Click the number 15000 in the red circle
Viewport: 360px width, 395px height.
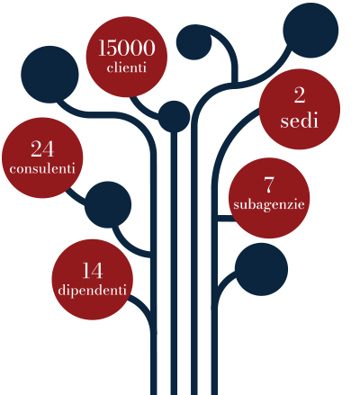pyautogui.click(x=127, y=48)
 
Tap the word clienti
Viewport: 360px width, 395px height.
pyautogui.click(x=127, y=67)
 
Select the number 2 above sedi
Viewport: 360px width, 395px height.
pyautogui.click(x=300, y=96)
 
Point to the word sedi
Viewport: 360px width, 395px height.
pyautogui.click(x=299, y=121)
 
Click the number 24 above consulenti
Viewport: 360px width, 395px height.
pyautogui.click(x=42, y=148)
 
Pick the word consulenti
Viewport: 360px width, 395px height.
pyautogui.click(x=42, y=168)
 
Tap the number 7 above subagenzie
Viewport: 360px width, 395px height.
pyautogui.click(x=269, y=184)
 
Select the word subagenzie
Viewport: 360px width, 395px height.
pyautogui.click(x=269, y=205)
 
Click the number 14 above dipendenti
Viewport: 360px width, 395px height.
pyautogui.click(x=93, y=271)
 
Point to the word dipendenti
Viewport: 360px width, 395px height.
pyautogui.click(x=93, y=291)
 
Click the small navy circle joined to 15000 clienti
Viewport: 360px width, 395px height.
pyautogui.click(x=174, y=116)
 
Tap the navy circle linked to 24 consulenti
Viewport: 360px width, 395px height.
pyautogui.click(x=108, y=204)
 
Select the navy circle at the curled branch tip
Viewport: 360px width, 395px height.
pyautogui.click(x=193, y=42)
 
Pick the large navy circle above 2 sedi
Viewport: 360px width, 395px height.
pyautogui.click(x=310, y=31)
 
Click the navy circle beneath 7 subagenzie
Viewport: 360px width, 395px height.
pyautogui.click(x=261, y=269)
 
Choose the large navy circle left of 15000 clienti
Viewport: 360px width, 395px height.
pyautogui.click(x=49, y=75)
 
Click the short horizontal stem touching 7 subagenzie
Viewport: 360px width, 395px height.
pyautogui.click(x=225, y=219)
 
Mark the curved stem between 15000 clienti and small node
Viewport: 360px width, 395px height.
pyautogui.click(x=143, y=110)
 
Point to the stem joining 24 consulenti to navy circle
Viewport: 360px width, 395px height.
pyautogui.click(x=76, y=197)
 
